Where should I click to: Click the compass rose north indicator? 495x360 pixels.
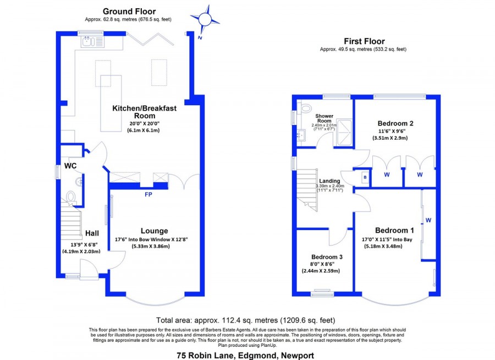point(205,20)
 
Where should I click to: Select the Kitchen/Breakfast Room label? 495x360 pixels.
point(144,112)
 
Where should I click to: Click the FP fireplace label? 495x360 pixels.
point(148,194)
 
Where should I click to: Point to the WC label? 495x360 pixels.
point(70,166)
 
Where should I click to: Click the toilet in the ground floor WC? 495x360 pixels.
point(70,197)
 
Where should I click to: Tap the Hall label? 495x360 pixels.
point(92,233)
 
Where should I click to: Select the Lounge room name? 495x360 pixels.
point(155,231)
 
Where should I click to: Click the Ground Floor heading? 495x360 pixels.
point(129,12)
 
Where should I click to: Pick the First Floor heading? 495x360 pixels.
point(364,41)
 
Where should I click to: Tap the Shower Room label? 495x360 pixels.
point(324,118)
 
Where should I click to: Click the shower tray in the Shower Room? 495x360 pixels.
point(344,133)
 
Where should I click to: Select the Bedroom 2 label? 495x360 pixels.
point(395,123)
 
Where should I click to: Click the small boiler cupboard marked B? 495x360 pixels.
point(365,177)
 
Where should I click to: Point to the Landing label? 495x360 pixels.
point(329,181)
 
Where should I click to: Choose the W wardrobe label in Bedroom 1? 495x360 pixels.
point(428,220)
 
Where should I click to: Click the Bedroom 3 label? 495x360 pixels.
point(327,257)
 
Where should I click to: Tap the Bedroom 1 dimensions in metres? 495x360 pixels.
point(383,246)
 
